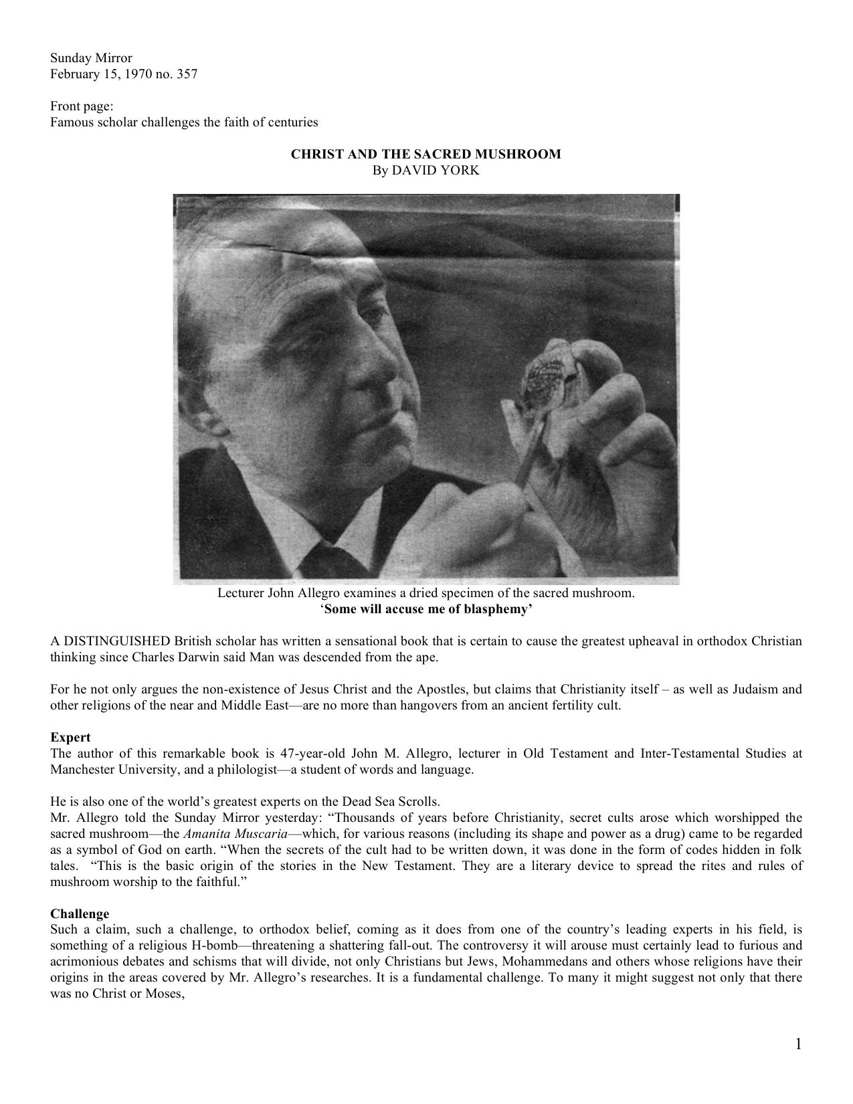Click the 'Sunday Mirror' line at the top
pos(91,58)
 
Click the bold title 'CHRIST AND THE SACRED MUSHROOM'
pos(425,154)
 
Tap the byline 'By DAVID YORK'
pos(425,171)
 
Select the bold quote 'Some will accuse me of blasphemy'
pos(426,609)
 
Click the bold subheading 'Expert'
pos(70,738)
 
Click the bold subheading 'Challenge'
pos(80,914)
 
